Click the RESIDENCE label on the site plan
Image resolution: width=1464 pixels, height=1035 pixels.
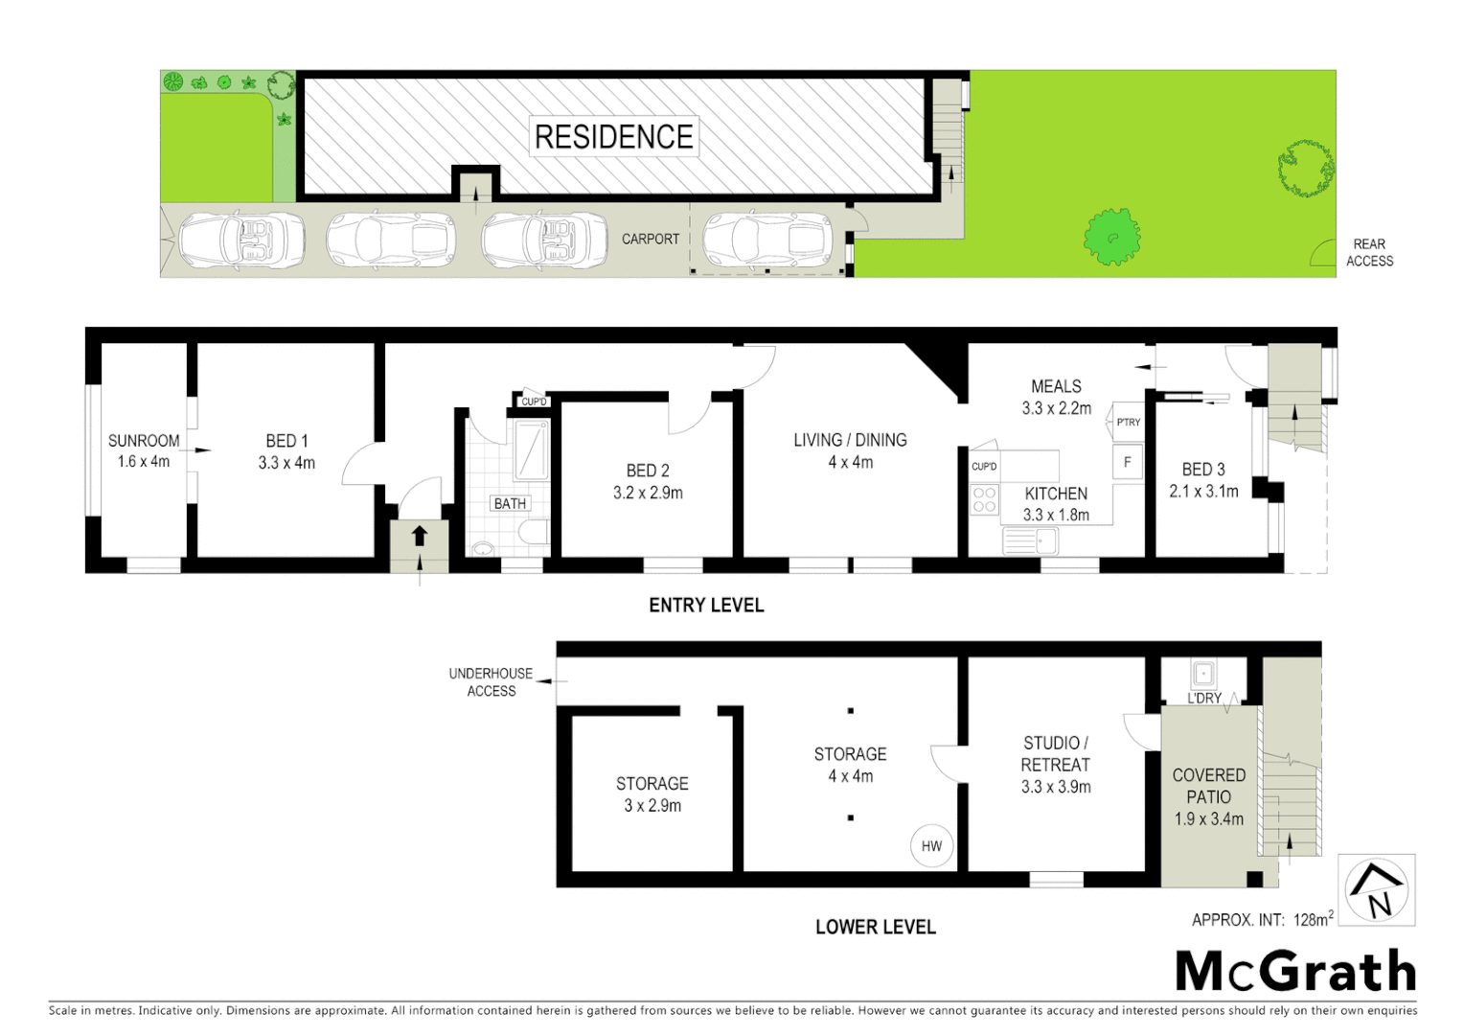pyautogui.click(x=613, y=137)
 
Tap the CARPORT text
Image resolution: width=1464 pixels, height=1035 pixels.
pyautogui.click(x=650, y=239)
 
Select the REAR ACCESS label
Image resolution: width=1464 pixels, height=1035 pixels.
pyautogui.click(x=1369, y=252)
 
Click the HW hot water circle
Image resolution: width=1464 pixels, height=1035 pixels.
pyautogui.click(x=931, y=846)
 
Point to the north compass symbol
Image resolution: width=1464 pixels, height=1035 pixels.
pyautogui.click(x=1377, y=890)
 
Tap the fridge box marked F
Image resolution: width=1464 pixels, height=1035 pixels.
pyautogui.click(x=1127, y=462)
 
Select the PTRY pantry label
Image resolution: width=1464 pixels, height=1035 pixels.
pyautogui.click(x=1128, y=422)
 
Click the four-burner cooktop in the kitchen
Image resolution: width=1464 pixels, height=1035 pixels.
pyautogui.click(x=984, y=499)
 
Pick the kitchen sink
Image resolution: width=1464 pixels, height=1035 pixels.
pyautogui.click(x=1029, y=541)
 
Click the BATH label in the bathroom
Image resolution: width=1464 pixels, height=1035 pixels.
pyautogui.click(x=510, y=503)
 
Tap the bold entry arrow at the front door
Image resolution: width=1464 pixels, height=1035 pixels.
pyautogui.click(x=419, y=536)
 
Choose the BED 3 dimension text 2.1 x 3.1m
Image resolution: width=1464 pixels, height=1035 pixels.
pyautogui.click(x=1203, y=492)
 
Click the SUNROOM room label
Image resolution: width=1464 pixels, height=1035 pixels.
pyautogui.click(x=144, y=441)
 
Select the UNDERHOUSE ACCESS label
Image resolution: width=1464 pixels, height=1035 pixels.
pyautogui.click(x=491, y=682)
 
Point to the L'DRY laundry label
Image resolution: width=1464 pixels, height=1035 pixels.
pyautogui.click(x=1204, y=698)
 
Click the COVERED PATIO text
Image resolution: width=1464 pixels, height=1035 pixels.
pyautogui.click(x=1208, y=786)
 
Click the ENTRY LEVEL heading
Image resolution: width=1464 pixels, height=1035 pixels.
pyautogui.click(x=706, y=606)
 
